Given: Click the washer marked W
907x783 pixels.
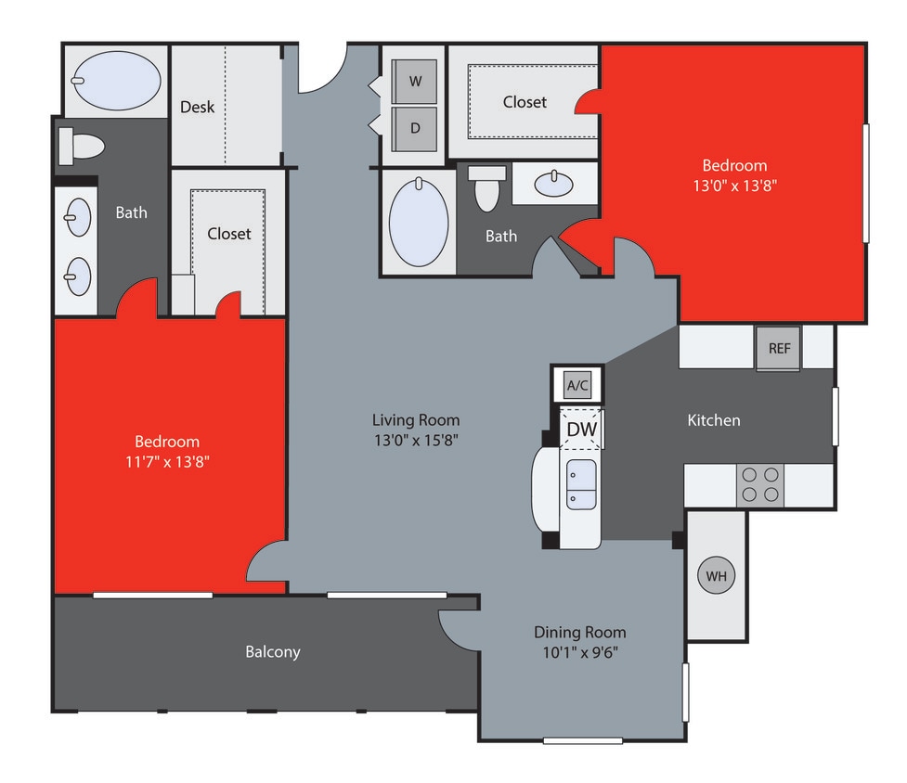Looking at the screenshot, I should [415, 82].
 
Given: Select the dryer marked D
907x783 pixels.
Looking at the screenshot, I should [415, 129].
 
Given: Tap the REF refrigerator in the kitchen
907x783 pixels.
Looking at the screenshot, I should [779, 349].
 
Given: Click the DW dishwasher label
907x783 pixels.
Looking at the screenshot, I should [582, 430].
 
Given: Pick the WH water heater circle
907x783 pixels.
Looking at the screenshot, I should [716, 576].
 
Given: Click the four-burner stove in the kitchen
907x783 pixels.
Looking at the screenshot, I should [760, 484].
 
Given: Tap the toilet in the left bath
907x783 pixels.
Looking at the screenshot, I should [81, 146].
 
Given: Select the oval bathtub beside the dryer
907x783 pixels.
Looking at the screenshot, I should [419, 223].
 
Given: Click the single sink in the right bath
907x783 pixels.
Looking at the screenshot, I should [554, 184].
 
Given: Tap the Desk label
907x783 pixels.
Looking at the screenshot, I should [197, 107].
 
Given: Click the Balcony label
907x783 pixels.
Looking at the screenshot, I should [273, 651].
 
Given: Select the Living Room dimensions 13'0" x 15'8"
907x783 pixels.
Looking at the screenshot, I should [418, 440].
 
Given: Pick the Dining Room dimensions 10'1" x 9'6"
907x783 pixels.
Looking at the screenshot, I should [579, 651].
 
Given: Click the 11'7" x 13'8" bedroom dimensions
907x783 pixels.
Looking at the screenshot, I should [167, 460].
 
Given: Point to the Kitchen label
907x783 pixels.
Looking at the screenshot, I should [714, 420].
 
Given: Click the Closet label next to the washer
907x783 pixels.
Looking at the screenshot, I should [525, 102].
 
